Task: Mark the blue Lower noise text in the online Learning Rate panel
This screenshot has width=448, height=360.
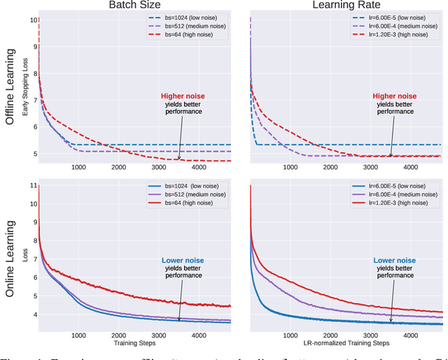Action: click(x=393, y=259)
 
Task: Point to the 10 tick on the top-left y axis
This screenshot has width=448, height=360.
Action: click(x=33, y=20)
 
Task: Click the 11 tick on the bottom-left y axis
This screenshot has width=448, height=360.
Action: click(x=33, y=186)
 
